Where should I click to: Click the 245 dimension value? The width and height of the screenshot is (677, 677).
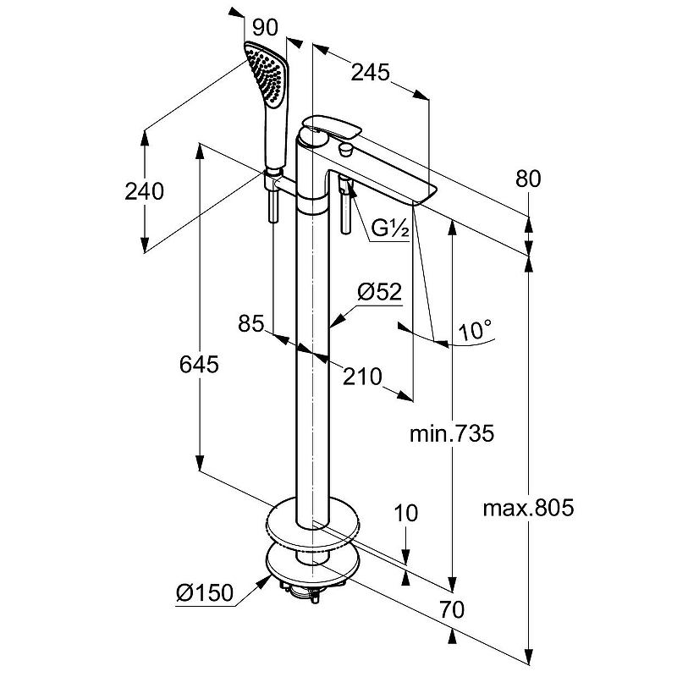point(371,73)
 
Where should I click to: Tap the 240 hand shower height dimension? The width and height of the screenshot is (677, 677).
point(144,191)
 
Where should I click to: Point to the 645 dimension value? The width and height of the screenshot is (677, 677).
point(200,365)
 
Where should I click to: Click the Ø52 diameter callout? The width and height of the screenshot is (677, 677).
point(378,292)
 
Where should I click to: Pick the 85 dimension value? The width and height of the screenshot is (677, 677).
point(250,323)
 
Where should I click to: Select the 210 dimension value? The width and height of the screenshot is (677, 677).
point(362,377)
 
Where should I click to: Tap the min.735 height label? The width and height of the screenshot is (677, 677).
point(451,434)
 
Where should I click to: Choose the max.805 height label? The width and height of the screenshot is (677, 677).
point(528,509)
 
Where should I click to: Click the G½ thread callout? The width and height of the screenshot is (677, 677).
point(391,228)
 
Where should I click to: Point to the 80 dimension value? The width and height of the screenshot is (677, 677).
point(527,179)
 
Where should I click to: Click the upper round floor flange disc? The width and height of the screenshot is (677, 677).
point(312,521)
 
